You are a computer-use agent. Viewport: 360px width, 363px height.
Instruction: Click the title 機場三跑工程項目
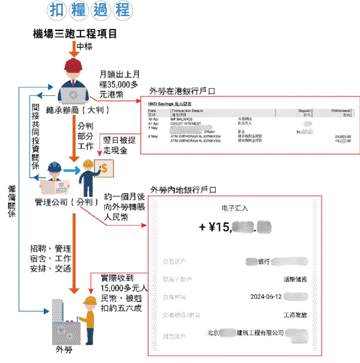tap(75, 33)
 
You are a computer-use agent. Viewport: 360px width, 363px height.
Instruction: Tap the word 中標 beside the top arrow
tap(84, 47)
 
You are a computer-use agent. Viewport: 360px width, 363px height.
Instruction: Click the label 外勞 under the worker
tap(64, 349)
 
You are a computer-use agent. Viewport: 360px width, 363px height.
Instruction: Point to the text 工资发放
tap(295, 315)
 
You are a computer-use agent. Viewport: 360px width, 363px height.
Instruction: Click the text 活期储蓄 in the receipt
tap(295, 279)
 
